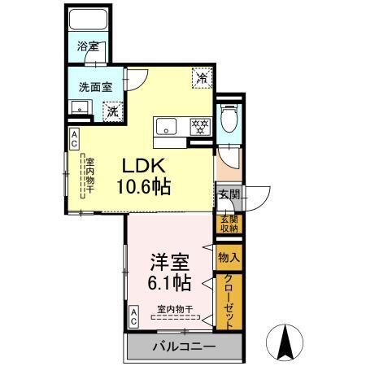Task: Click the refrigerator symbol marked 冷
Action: [200, 79]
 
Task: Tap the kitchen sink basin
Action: [167, 126]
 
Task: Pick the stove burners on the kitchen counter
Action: [199, 126]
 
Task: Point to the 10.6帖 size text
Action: [142, 186]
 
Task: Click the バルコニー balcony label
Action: [183, 347]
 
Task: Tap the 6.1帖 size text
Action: [169, 284]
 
